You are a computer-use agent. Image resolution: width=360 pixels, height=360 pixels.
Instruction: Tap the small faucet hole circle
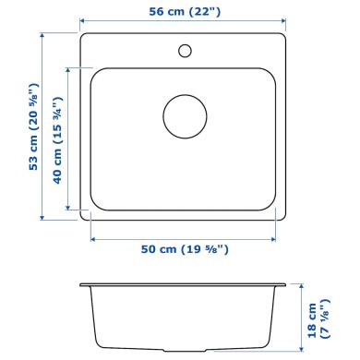click(x=185, y=48)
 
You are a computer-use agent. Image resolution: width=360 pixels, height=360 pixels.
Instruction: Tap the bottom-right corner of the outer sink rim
click(x=282, y=218)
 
